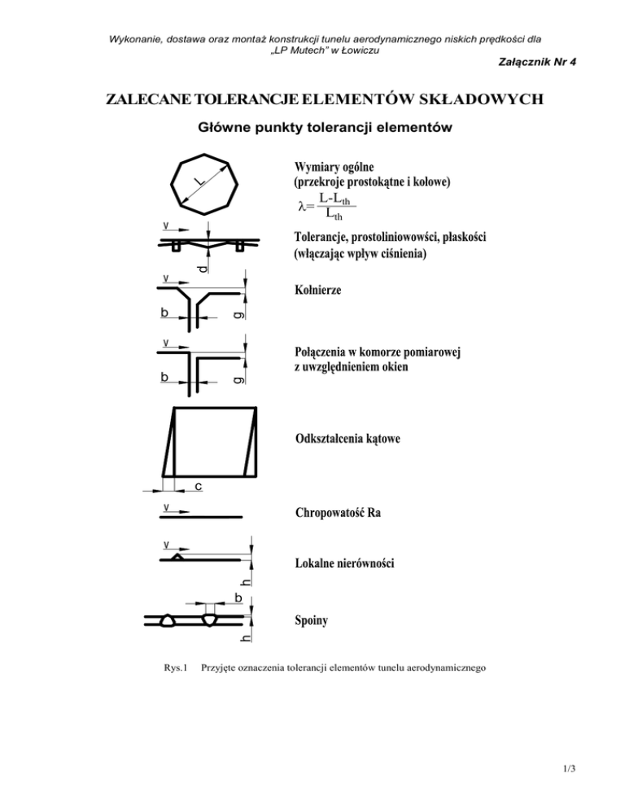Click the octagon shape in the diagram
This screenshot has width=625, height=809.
[x=206, y=183]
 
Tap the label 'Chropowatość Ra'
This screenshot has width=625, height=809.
[x=338, y=514]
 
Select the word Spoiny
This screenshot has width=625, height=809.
[x=313, y=622]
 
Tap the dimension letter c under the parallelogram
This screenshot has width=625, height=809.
[x=198, y=487]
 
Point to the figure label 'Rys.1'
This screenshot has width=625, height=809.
[x=175, y=668]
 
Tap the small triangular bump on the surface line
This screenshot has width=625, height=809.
[x=177, y=557]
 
